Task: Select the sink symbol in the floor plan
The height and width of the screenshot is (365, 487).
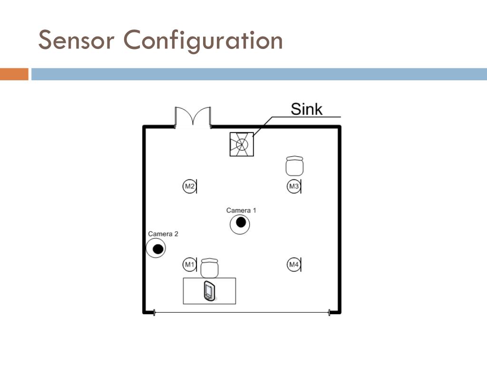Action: pyautogui.click(x=242, y=144)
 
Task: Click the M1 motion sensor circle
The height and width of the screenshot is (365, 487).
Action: pyautogui.click(x=189, y=264)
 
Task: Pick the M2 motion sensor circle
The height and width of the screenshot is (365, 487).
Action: pyautogui.click(x=189, y=186)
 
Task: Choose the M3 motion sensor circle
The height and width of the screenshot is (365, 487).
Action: pyautogui.click(x=293, y=186)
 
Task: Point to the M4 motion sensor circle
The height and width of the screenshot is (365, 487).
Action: pyautogui.click(x=293, y=264)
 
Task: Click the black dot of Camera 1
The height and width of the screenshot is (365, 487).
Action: pyautogui.click(x=241, y=222)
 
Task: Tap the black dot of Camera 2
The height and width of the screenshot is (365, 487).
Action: pyautogui.click(x=157, y=248)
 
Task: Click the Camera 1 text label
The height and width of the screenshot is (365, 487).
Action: pyautogui.click(x=241, y=210)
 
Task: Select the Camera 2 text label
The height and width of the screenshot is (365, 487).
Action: pyautogui.click(x=163, y=234)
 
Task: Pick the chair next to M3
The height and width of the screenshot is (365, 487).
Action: pyautogui.click(x=295, y=166)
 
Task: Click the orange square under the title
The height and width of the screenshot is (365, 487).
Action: pyautogui.click(x=14, y=74)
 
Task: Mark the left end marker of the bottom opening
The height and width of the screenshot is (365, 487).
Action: pyautogui.click(x=154, y=312)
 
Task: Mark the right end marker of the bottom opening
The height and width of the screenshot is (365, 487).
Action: pyautogui.click(x=329, y=312)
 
